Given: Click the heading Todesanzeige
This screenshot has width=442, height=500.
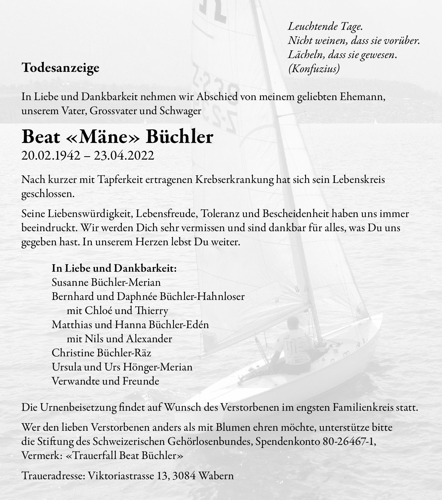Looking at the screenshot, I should click(61, 68).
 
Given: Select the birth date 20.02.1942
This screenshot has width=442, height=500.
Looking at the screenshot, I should click(51, 155).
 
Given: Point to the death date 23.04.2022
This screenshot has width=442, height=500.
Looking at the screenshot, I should click(124, 155).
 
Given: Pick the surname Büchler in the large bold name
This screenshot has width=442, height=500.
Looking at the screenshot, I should click(179, 137).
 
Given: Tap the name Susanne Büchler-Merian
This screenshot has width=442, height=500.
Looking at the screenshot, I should click(106, 282).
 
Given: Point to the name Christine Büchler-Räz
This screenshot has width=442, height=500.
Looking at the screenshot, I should click(102, 353).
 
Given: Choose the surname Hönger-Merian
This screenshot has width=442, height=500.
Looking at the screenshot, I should click(158, 367).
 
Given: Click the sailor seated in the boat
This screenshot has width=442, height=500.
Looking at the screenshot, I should click(295, 344).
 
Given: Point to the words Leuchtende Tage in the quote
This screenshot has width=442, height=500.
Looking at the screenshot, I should click(325, 26).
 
